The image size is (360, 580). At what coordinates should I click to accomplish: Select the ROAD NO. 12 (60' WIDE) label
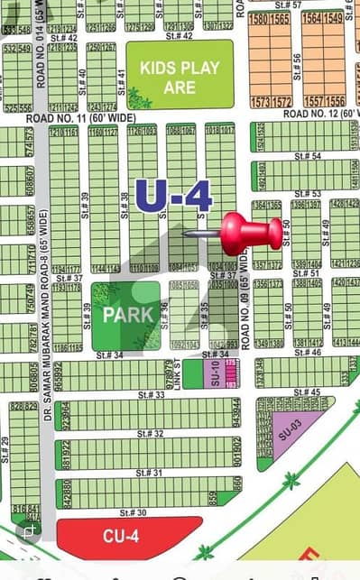[x=320, y=113]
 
